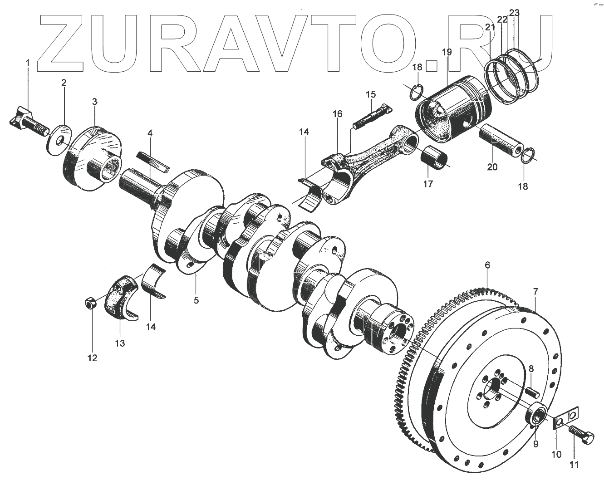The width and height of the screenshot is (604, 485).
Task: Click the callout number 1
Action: pos(27,63)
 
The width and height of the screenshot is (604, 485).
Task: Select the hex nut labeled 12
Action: pos(90,303)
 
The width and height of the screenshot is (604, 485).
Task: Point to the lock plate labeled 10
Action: pos(565,416)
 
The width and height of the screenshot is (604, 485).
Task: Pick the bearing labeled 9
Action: pos(537,415)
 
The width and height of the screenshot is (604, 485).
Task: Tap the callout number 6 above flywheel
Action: pos(487,265)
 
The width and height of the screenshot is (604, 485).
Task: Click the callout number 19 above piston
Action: pos(447,52)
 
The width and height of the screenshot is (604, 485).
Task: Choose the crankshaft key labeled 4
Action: pos(153,162)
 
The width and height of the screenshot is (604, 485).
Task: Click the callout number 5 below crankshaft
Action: pos(196,300)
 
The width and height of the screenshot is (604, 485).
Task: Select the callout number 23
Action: pos(514,13)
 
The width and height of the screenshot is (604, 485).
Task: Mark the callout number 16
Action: pos(337,113)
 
